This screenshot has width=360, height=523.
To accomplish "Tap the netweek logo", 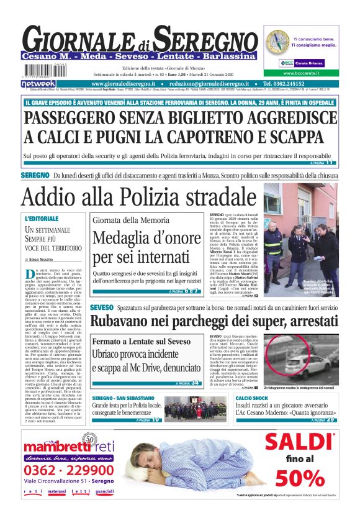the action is [x=38, y=83].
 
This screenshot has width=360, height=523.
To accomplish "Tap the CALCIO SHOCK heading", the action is [x=251, y=398].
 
